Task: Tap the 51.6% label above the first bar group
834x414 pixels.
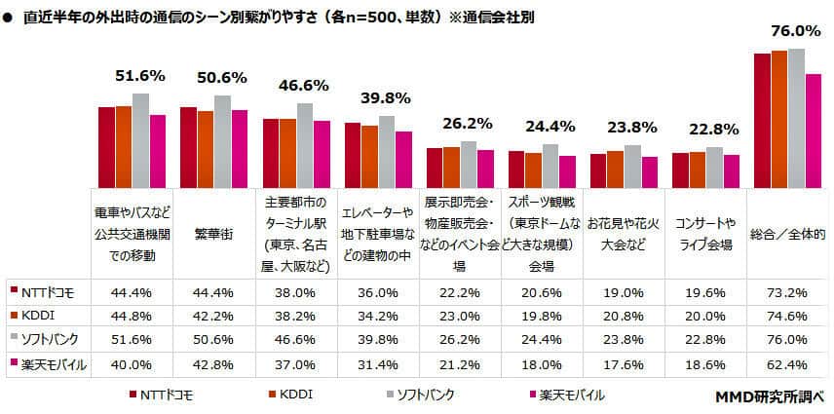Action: pyautogui.click(x=140, y=75)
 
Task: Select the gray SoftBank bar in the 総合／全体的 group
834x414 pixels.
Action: pyautogui.click(x=796, y=118)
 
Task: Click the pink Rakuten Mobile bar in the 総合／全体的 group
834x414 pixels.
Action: pyautogui.click(x=813, y=131)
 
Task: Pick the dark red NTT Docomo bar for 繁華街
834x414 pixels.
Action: pyautogui.click(x=189, y=147)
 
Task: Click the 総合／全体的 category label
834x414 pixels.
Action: pyautogui.click(x=788, y=235)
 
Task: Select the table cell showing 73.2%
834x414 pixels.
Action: pyautogui.click(x=788, y=290)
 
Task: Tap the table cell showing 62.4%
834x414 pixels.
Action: pyautogui.click(x=788, y=365)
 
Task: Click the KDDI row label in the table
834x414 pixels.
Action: pyautogui.click(x=40, y=315)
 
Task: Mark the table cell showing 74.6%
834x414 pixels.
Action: pyautogui.click(x=788, y=315)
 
